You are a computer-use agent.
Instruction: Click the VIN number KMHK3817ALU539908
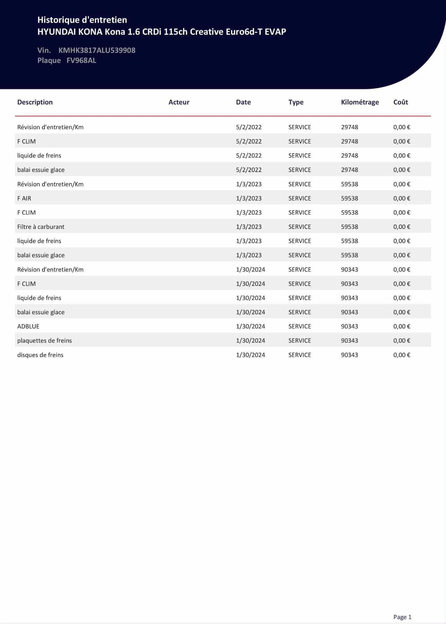click(97, 50)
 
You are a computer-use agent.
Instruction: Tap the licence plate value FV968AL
click(81, 60)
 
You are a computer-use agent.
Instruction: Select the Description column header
click(35, 102)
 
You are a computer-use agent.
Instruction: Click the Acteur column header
click(179, 102)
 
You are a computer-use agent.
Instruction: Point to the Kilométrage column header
click(360, 102)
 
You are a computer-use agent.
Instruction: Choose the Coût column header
click(401, 102)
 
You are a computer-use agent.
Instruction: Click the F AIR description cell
click(24, 198)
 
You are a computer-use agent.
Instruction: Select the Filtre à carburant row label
click(41, 227)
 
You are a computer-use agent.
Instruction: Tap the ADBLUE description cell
click(28, 326)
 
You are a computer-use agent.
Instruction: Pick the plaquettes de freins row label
click(45, 341)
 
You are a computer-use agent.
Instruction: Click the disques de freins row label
click(40, 355)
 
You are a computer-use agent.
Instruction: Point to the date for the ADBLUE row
click(250, 326)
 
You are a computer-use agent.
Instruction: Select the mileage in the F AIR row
click(349, 198)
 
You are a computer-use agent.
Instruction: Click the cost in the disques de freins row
click(401, 355)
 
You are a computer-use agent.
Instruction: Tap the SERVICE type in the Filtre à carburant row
click(300, 227)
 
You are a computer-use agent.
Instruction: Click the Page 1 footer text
click(402, 617)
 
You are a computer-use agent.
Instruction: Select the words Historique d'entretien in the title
click(82, 20)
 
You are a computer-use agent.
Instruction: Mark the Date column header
click(243, 102)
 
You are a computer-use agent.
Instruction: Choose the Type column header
click(296, 102)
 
